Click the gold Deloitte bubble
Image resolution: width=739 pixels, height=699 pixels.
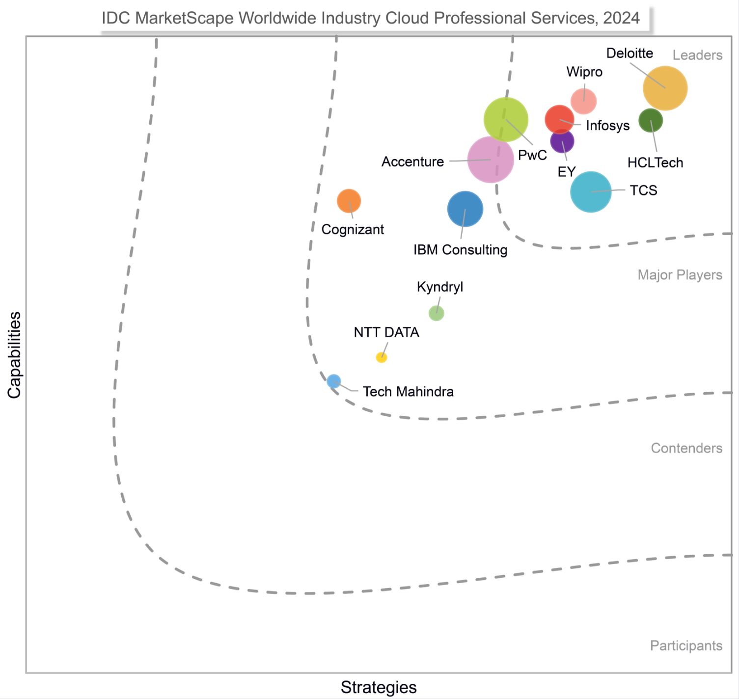(x=665, y=88)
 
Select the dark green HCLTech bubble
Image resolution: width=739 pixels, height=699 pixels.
(x=651, y=121)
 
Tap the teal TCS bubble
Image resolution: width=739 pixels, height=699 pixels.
(x=591, y=192)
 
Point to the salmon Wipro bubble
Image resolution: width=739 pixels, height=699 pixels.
(x=583, y=101)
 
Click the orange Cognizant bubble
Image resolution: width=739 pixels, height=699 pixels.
(x=349, y=201)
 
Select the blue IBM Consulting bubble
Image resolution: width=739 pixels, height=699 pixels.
(x=465, y=209)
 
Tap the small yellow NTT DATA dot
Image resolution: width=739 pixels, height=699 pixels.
(x=382, y=357)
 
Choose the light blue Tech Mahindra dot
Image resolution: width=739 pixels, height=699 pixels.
(x=334, y=381)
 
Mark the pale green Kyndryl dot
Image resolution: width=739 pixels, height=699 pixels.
(x=436, y=313)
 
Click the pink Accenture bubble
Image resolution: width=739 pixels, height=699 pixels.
(x=490, y=160)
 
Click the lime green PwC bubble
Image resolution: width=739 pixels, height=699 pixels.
(x=506, y=119)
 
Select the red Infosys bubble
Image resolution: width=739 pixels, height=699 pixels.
(x=559, y=119)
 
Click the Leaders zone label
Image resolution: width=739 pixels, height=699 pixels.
(x=697, y=55)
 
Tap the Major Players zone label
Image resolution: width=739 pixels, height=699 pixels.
(x=680, y=275)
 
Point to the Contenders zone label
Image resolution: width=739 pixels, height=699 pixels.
(x=686, y=448)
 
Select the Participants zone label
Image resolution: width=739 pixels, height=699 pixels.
(x=686, y=645)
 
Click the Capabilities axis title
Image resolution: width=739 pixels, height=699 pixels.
(x=14, y=354)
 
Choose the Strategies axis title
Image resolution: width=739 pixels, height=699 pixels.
(x=379, y=687)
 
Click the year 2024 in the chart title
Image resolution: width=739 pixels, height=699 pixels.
(x=621, y=18)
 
